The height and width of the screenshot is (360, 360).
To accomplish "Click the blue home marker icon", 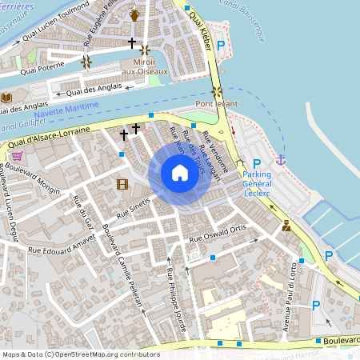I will (180, 173).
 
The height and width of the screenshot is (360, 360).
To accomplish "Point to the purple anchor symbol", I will (281, 161).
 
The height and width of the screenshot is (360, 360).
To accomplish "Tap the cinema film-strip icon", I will (122, 185).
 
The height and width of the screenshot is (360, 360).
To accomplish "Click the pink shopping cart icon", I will (16, 156).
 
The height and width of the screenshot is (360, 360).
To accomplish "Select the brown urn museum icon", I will (134, 15).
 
